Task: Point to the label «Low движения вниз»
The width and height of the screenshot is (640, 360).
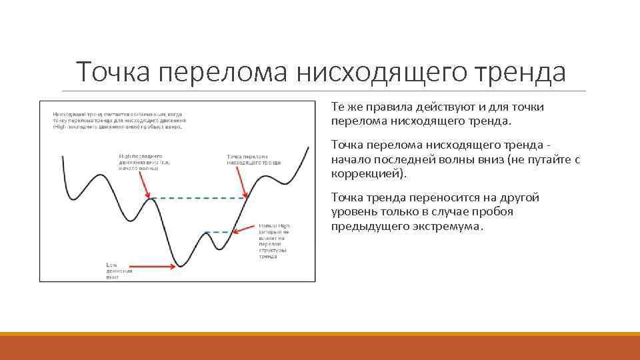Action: coord(119,271)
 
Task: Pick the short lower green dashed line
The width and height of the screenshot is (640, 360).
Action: coord(218,232)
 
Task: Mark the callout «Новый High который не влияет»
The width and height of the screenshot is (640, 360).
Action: coord(274,241)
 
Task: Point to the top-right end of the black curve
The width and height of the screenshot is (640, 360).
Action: coord(308,147)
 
